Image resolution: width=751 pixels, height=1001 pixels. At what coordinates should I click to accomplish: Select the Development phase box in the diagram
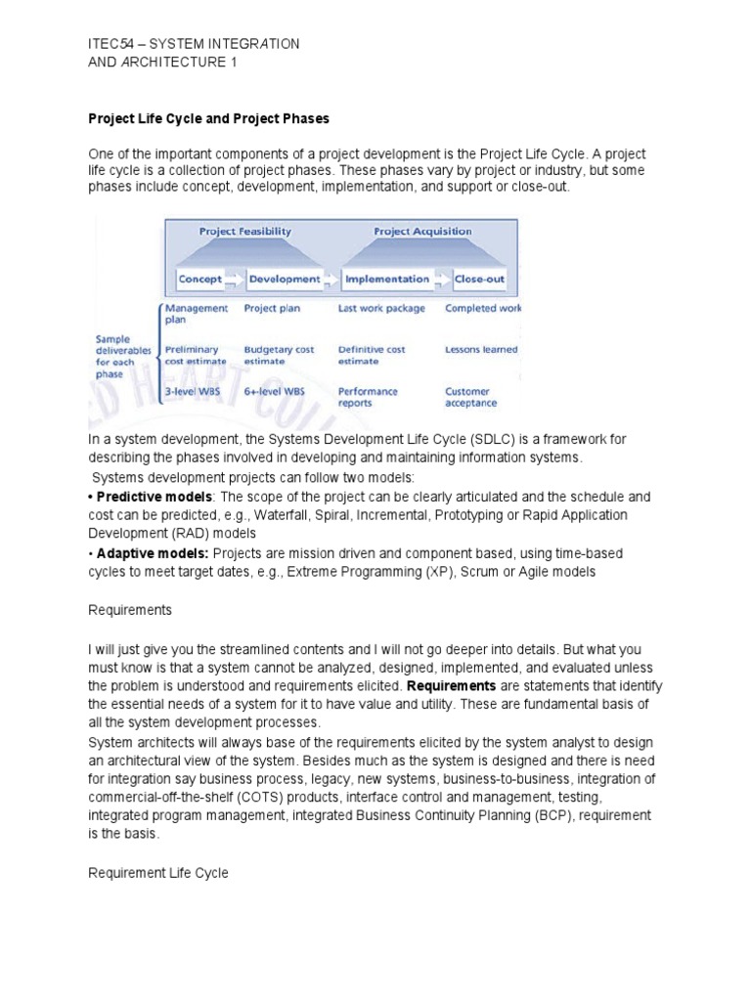(x=284, y=279)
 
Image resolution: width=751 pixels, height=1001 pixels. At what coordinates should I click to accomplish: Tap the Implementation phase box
(x=383, y=279)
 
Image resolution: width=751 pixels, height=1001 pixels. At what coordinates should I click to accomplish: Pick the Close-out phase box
(x=479, y=279)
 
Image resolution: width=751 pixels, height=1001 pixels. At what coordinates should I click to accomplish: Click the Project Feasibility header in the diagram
(x=244, y=232)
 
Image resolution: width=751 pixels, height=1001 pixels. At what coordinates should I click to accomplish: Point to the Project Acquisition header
(x=422, y=232)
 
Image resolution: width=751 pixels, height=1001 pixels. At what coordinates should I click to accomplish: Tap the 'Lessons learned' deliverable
(x=481, y=349)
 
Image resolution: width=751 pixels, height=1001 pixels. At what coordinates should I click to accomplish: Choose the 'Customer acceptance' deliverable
(x=471, y=397)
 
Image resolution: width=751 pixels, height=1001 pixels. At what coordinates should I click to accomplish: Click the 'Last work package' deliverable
(x=381, y=308)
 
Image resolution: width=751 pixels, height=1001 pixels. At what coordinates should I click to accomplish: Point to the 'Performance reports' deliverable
(x=368, y=397)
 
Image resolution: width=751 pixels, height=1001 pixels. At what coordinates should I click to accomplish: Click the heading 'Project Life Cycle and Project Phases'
(x=209, y=118)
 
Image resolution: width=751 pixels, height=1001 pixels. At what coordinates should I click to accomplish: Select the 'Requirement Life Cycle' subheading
(x=158, y=872)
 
